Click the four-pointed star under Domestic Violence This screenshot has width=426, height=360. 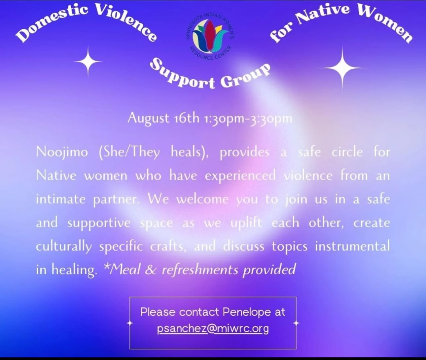pos(88,61)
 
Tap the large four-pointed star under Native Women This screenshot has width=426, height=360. pos(342,68)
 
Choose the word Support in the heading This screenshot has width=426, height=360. pos(182,75)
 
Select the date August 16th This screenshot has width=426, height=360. pos(163,118)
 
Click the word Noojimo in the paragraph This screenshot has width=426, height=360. pos(62,152)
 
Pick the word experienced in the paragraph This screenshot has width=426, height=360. pos(240,176)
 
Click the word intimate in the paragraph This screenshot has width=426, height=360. pos(60,199)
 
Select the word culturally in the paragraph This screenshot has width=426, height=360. pos(64,246)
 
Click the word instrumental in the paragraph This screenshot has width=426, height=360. pos(352,246)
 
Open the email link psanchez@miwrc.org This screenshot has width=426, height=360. pos(213,329)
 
